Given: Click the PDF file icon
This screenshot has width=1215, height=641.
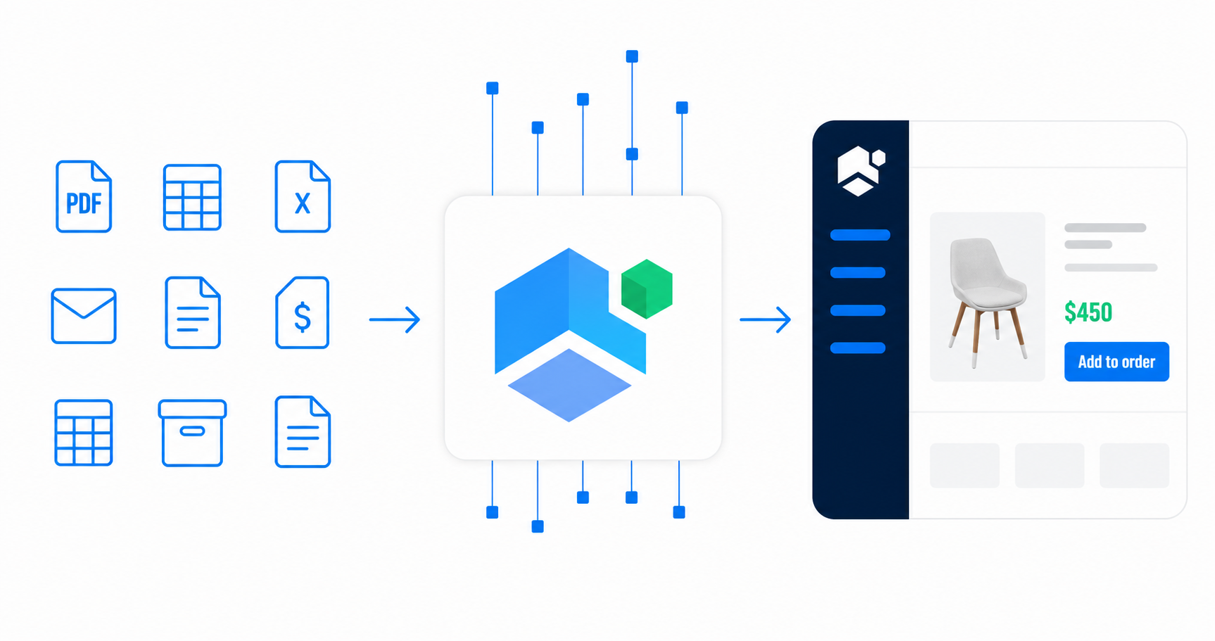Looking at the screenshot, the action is click(84, 196).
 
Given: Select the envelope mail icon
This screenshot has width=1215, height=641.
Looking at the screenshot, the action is click(84, 316).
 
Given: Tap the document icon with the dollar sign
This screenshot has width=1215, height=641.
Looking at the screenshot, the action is click(303, 312).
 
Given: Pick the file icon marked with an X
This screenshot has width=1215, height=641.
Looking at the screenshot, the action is click(303, 196).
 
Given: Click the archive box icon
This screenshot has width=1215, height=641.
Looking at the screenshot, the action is click(192, 433).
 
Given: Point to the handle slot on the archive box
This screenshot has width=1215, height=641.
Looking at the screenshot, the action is click(192, 431).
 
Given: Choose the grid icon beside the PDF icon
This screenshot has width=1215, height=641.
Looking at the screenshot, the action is click(192, 197).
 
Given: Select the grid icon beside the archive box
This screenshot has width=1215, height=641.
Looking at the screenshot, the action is click(84, 433).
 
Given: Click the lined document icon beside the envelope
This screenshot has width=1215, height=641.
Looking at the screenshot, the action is click(193, 312).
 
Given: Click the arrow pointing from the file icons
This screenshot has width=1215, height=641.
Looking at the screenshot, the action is click(395, 319).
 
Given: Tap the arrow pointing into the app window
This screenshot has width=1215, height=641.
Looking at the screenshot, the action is click(765, 319).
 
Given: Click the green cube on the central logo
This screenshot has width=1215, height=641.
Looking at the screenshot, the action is click(647, 288).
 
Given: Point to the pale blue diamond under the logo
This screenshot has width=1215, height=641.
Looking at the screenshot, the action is click(569, 385).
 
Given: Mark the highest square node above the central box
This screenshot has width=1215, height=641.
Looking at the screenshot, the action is click(632, 56).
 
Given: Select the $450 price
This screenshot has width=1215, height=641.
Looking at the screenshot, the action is click(1088, 312).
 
